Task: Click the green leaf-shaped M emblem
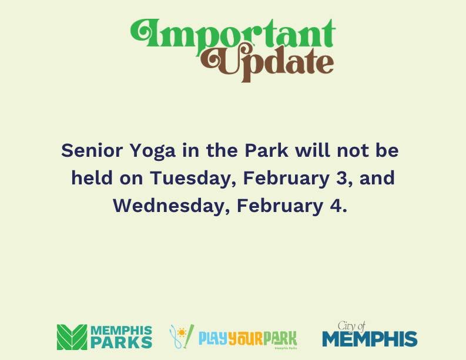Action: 71,337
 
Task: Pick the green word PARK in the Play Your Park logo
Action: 279,339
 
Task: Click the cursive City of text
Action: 351,326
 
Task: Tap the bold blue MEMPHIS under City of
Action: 370,339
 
